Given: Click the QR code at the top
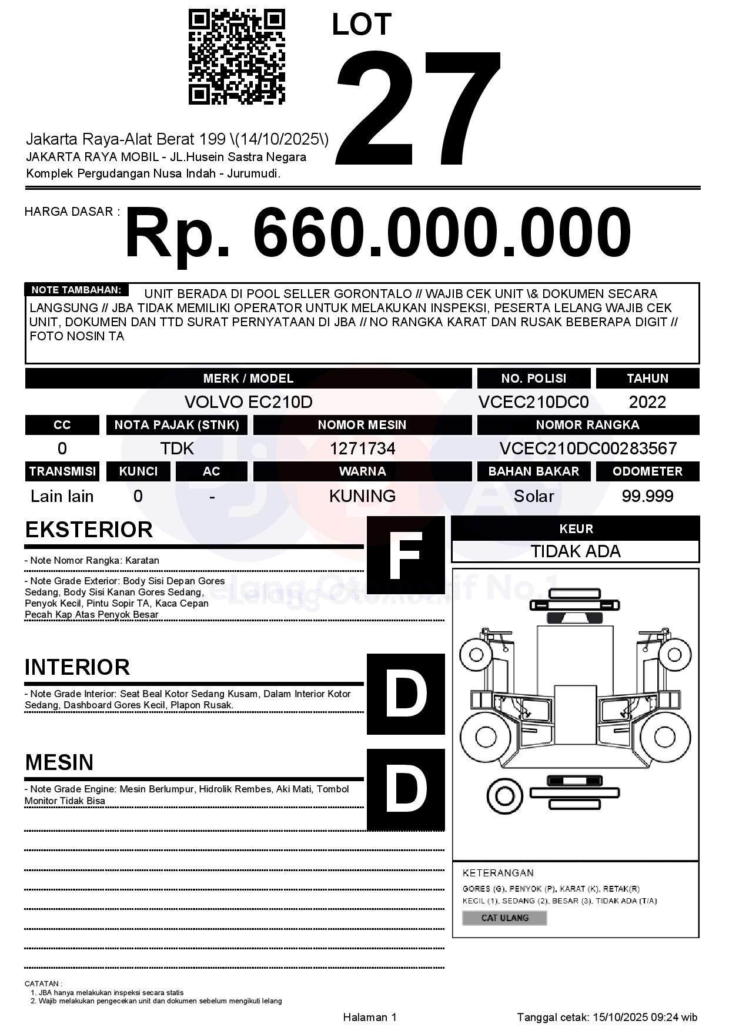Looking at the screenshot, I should (x=236, y=57).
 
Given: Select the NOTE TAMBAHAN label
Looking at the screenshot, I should (x=76, y=290).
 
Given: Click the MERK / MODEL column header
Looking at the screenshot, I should (x=248, y=379).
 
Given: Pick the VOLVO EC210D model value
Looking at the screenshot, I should (x=248, y=402).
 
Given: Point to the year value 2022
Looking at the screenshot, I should (x=647, y=402).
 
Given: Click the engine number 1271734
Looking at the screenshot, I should (x=362, y=448).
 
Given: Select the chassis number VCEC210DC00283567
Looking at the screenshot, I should (x=588, y=448).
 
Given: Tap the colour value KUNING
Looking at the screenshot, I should (x=362, y=496).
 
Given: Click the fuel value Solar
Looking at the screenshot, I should (x=534, y=496).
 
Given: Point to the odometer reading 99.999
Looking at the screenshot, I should (x=647, y=496).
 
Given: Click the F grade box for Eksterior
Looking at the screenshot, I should (x=406, y=555).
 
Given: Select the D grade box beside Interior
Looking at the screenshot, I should (x=406, y=694).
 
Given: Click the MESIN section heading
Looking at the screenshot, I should (x=59, y=762).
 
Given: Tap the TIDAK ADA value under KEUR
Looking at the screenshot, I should (x=576, y=551).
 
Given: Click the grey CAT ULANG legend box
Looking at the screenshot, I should (x=504, y=918).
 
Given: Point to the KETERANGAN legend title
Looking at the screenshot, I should (x=498, y=873).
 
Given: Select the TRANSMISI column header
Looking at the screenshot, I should (x=62, y=471).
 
